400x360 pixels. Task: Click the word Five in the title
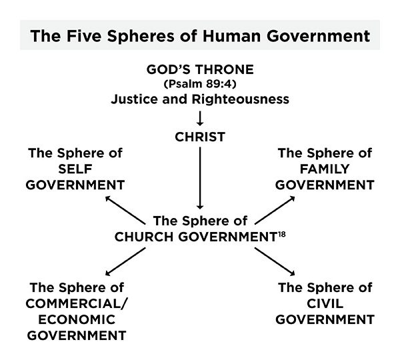point(84,36)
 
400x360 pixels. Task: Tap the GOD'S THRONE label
point(200,69)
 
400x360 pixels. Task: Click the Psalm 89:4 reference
point(200,84)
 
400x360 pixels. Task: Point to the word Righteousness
point(240,99)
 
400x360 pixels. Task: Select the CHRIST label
point(200,137)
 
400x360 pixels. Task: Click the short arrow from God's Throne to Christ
point(200,118)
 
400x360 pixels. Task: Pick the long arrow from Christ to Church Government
point(200,178)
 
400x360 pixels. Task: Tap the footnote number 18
point(282,234)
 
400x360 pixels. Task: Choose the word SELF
point(75,169)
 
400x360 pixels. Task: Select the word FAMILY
point(325,169)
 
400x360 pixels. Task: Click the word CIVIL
point(325,303)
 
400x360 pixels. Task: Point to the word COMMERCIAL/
point(76,303)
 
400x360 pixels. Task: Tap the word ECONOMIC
point(77,320)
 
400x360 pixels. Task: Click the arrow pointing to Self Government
point(125,210)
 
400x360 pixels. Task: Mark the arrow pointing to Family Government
point(275,210)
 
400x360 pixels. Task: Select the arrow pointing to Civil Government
point(275,261)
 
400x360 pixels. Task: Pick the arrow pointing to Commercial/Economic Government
point(125,261)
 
